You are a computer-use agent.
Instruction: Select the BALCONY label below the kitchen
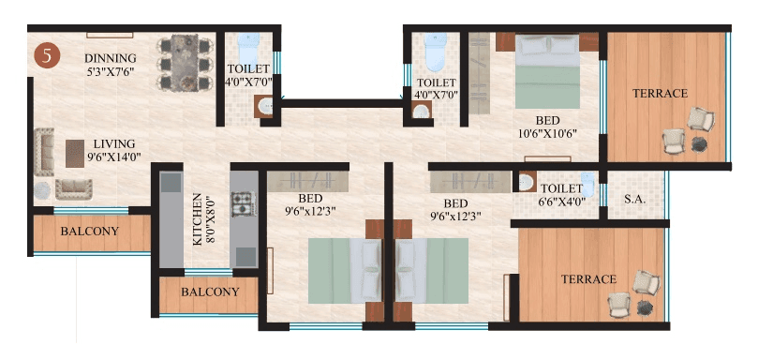click(x=209, y=292)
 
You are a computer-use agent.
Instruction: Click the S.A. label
click(x=635, y=200)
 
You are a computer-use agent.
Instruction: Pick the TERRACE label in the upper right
click(x=660, y=93)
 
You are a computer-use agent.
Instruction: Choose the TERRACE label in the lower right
click(x=588, y=279)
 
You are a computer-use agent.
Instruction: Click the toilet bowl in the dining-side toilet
click(x=247, y=47)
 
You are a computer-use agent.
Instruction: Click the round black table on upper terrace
click(x=700, y=143)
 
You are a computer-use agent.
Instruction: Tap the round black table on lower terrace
click(x=645, y=307)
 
